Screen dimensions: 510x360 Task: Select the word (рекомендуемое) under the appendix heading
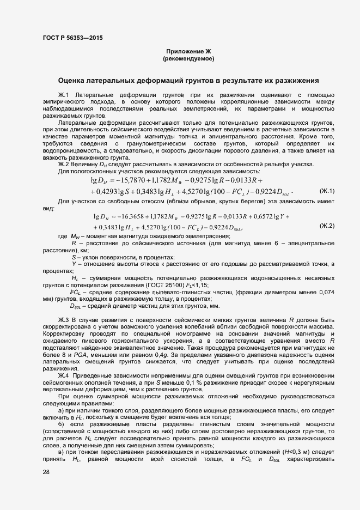point(188,58)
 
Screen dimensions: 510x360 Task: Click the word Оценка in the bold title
point(75,81)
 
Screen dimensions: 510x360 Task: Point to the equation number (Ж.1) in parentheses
point(327,191)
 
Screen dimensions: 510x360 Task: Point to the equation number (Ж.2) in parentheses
point(327,226)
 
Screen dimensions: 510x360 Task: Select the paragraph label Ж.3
point(63,319)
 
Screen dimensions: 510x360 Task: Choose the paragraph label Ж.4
point(63,375)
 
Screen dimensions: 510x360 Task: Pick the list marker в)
point(62,453)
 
